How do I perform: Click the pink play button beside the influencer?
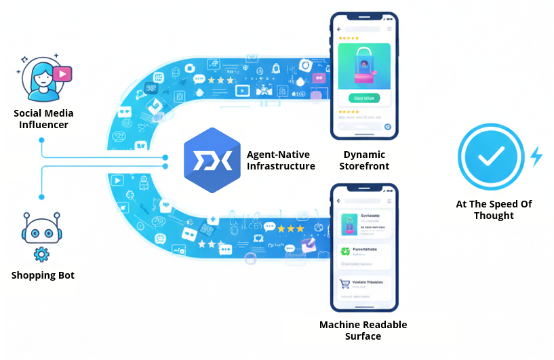62,73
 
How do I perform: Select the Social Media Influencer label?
43,119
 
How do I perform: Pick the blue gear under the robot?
41,255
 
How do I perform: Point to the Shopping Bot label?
43,275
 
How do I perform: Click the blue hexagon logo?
212,161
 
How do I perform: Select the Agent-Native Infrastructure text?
281,161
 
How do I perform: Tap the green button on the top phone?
364,98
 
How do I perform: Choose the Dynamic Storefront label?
364,160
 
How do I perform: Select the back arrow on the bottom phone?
341,201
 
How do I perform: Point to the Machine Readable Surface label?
364,330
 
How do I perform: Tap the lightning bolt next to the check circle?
536,157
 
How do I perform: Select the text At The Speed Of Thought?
494,209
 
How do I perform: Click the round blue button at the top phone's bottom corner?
387,126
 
